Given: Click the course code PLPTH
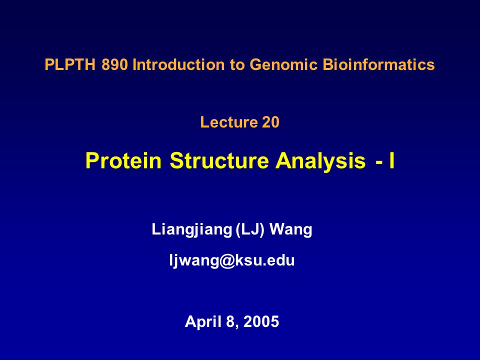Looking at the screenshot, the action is (70, 64).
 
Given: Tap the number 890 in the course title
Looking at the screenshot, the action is (115, 64).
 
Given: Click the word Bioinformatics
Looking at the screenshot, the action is (378, 64).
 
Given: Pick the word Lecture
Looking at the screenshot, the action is (228, 122).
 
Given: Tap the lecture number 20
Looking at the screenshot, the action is (270, 122).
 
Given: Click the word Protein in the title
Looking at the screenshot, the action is (123, 160).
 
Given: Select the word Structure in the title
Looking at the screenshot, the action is (219, 160).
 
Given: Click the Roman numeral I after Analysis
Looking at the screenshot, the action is (392, 160).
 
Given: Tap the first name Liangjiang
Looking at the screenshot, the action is (191, 229).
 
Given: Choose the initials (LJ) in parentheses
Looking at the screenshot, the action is (250, 229).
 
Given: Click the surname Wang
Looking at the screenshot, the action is (291, 230).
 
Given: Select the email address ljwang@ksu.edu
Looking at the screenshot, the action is (231, 261).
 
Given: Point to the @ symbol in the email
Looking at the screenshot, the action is (227, 261).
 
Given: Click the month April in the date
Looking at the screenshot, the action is (203, 322).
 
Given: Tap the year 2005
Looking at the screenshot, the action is (261, 321).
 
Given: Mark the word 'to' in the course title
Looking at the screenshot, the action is (237, 65).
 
